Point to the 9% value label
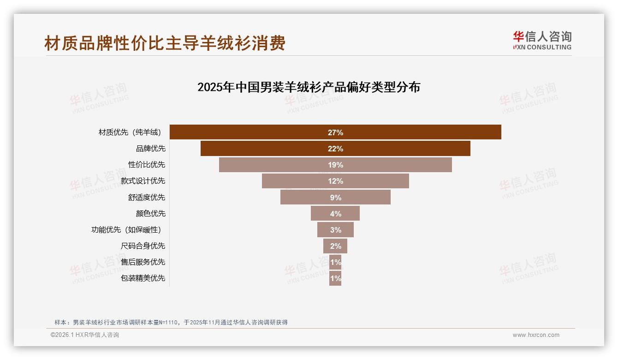[x=335, y=198]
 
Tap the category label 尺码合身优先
[x=143, y=246]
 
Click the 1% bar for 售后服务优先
[x=335, y=262]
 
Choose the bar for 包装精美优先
[x=335, y=278]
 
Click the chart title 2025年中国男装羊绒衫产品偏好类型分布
[x=309, y=87]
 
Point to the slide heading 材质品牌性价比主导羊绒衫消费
[x=165, y=43]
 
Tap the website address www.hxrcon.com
[x=535, y=335]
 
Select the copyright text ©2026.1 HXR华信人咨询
[x=84, y=335]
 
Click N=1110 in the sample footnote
[x=168, y=322]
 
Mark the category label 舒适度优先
[x=146, y=197]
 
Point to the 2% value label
[x=335, y=246]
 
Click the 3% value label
[x=335, y=230]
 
